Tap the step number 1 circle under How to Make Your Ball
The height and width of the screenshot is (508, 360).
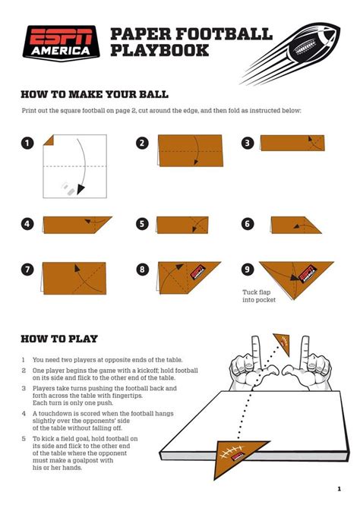click(x=28, y=143)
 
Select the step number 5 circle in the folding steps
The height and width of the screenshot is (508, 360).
click(x=142, y=223)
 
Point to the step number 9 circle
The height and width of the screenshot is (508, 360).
click(x=248, y=269)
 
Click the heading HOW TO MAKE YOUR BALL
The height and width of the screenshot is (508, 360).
click(x=94, y=94)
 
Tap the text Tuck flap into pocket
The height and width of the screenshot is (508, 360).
click(x=259, y=295)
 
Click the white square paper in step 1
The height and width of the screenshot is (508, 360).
click(x=74, y=166)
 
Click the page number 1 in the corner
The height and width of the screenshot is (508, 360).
click(x=338, y=488)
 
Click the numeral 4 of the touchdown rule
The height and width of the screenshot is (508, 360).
click(x=25, y=414)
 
